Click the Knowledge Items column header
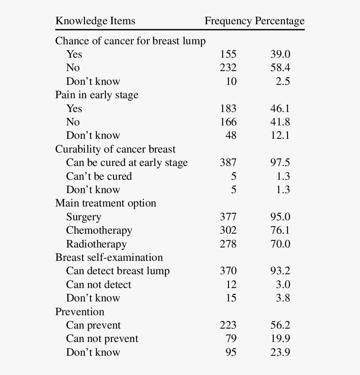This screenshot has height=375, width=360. tap(95, 21)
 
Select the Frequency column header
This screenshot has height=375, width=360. tap(228, 21)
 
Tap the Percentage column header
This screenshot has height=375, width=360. tap(279, 21)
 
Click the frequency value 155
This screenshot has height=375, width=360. tap(228, 54)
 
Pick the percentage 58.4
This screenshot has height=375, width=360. tap(280, 68)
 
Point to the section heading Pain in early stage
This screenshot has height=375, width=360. tap(97, 95)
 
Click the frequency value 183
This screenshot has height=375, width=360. tap(228, 108)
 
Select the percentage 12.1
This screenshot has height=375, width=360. tap(280, 135)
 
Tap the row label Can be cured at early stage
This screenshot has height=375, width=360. tap(127, 163)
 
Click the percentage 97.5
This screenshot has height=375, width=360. tap(280, 163)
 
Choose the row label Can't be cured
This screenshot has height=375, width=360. tap(99, 176)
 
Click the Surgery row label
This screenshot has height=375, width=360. tap(84, 217)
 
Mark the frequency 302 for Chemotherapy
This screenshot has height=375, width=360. tap(228, 230)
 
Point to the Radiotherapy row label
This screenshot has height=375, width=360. tap(96, 244)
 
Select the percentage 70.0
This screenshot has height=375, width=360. tap(280, 244)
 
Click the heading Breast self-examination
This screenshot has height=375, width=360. tap(109, 257)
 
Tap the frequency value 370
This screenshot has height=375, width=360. tap(228, 271)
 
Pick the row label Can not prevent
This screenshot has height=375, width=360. tap(102, 339)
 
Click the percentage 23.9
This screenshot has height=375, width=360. tap(280, 352)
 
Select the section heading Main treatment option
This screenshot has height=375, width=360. tap(105, 203)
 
